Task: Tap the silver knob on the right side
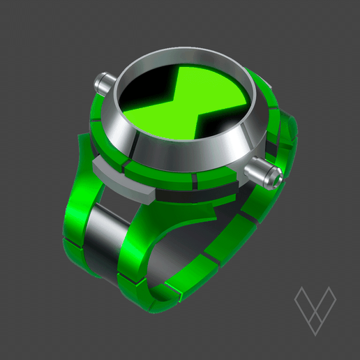pyautogui.click(x=264, y=171)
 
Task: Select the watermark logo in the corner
pyautogui.click(x=315, y=308)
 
